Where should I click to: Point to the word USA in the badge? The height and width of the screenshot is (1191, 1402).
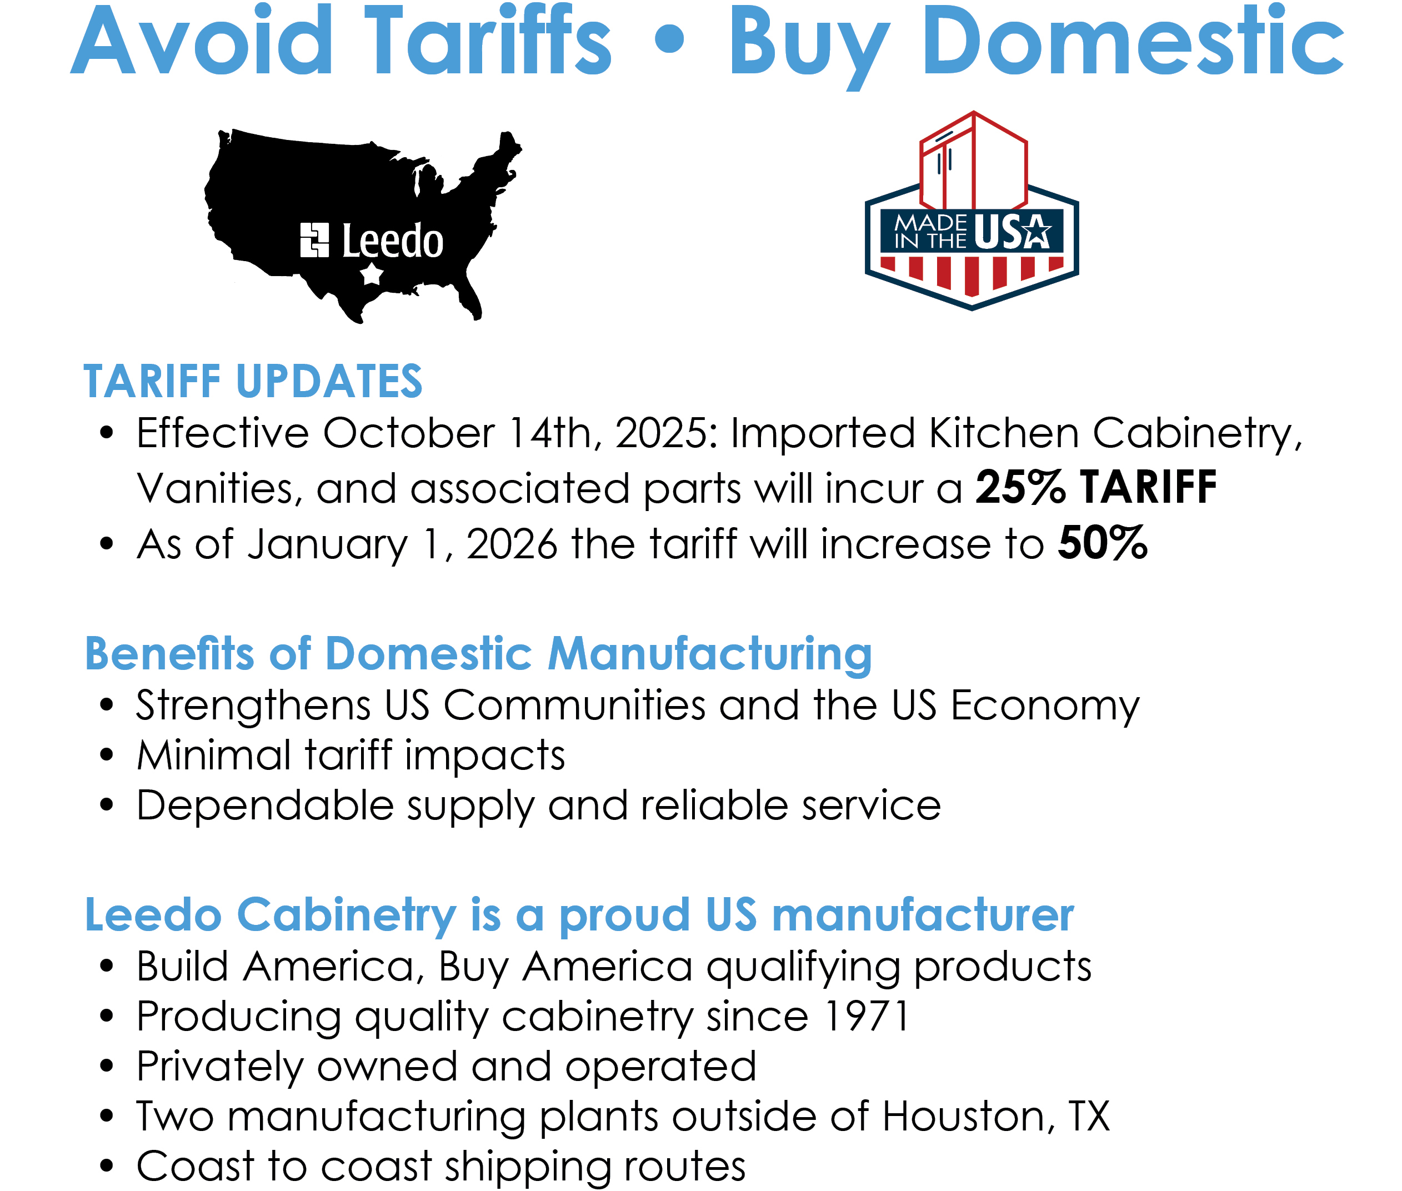(x=1013, y=232)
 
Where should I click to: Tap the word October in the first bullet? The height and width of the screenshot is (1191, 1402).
(x=408, y=432)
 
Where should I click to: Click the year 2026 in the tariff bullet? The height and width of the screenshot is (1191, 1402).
(x=512, y=543)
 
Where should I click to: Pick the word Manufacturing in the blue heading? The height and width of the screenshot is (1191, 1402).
(x=709, y=654)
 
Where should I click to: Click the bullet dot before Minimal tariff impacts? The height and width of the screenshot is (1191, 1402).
(x=107, y=755)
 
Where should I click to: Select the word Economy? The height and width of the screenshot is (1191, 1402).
(x=1045, y=706)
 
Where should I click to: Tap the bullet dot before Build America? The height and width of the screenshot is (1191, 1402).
(x=107, y=967)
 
